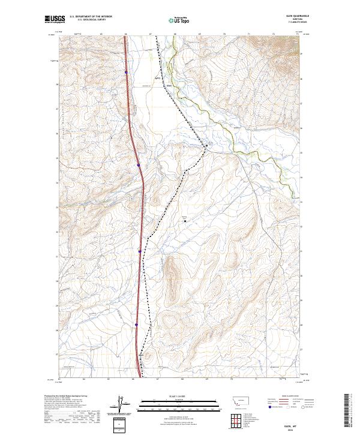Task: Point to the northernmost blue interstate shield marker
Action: click(126, 72)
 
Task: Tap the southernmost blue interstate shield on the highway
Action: click(137, 326)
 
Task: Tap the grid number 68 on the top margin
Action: click(174, 34)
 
